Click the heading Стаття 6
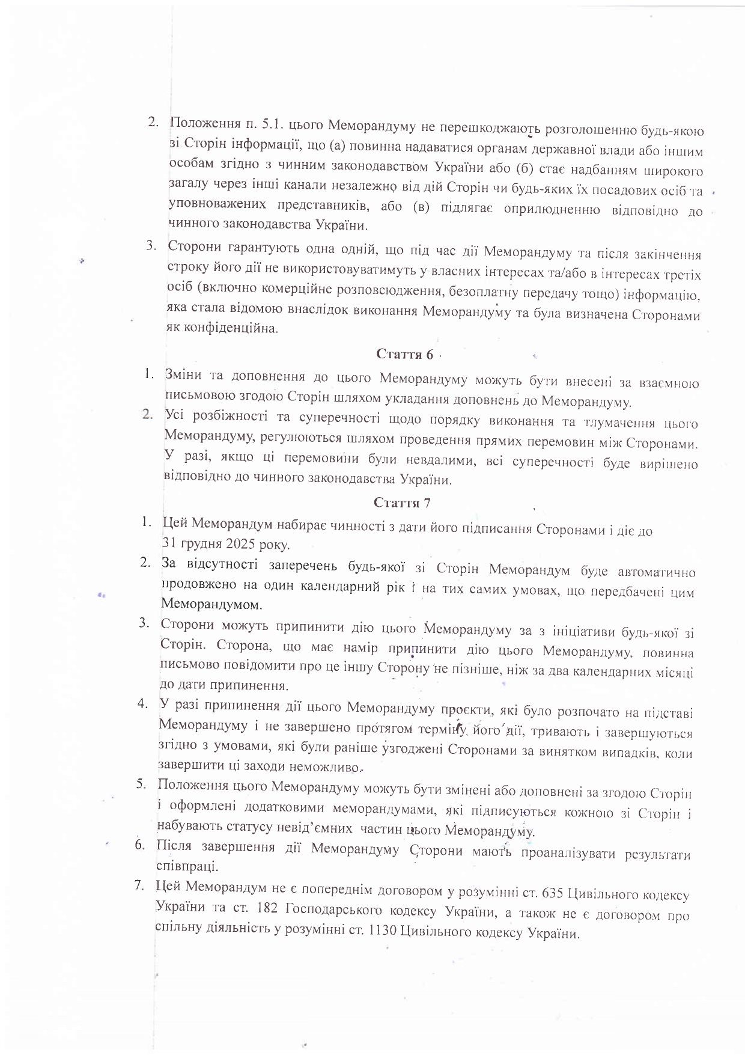pos(404,354)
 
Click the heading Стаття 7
pos(402,502)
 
